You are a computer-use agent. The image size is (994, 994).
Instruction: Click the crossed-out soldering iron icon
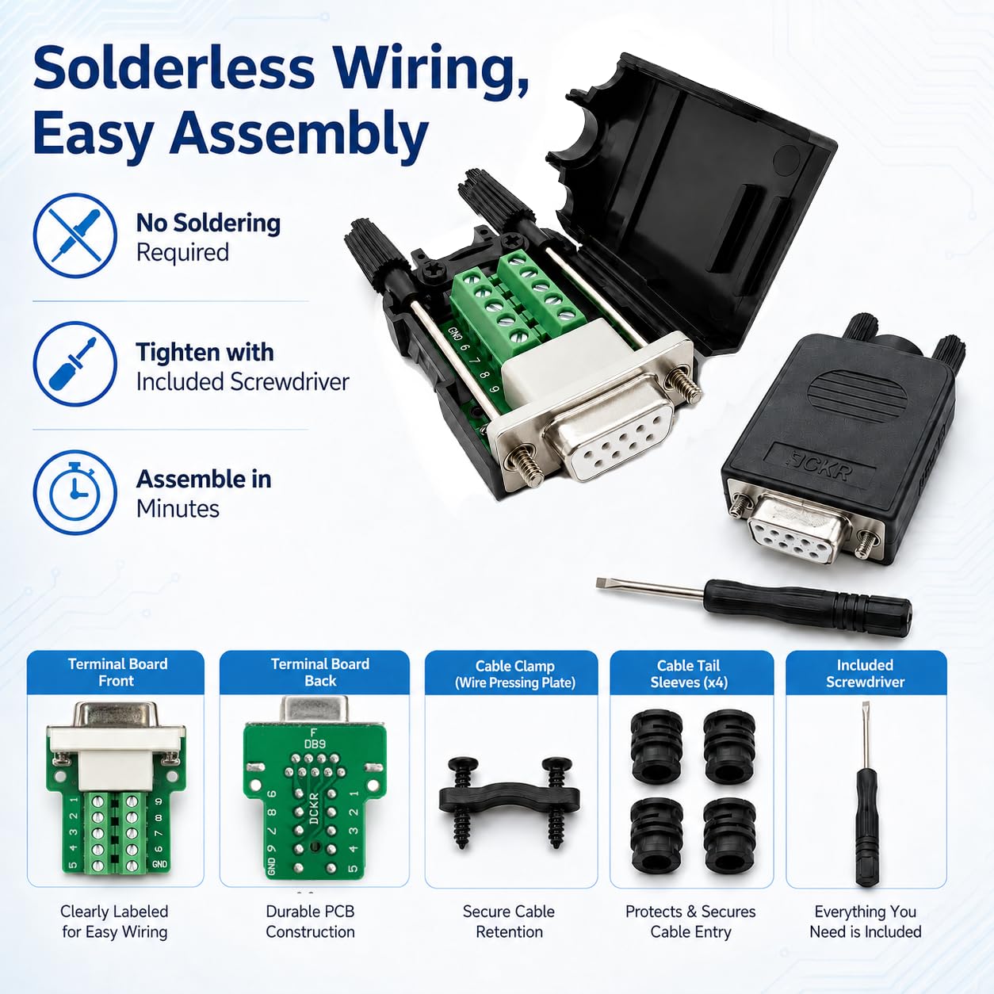click(x=75, y=235)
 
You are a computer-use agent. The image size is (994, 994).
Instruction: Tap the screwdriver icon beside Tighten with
click(x=75, y=364)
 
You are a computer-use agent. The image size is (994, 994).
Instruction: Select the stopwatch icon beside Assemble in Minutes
click(x=75, y=492)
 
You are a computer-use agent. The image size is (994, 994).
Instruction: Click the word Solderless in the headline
click(x=174, y=68)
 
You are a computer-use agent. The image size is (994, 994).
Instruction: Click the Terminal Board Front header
click(x=117, y=672)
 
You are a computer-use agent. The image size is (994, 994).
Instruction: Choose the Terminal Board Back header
click(x=319, y=672)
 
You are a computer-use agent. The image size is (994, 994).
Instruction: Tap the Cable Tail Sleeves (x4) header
click(x=689, y=674)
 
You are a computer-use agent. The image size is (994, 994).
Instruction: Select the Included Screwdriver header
click(x=865, y=673)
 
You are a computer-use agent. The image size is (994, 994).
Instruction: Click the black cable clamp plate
click(x=509, y=797)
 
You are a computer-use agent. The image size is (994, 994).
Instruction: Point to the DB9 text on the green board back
click(x=315, y=744)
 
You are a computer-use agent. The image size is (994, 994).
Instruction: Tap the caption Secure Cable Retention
click(x=509, y=921)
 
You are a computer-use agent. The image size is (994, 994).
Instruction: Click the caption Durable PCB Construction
click(x=310, y=921)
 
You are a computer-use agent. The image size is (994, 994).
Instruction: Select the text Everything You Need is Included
click(x=865, y=921)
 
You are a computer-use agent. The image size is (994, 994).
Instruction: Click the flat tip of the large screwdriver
click(x=602, y=583)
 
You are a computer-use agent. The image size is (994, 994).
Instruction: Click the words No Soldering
click(x=208, y=223)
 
